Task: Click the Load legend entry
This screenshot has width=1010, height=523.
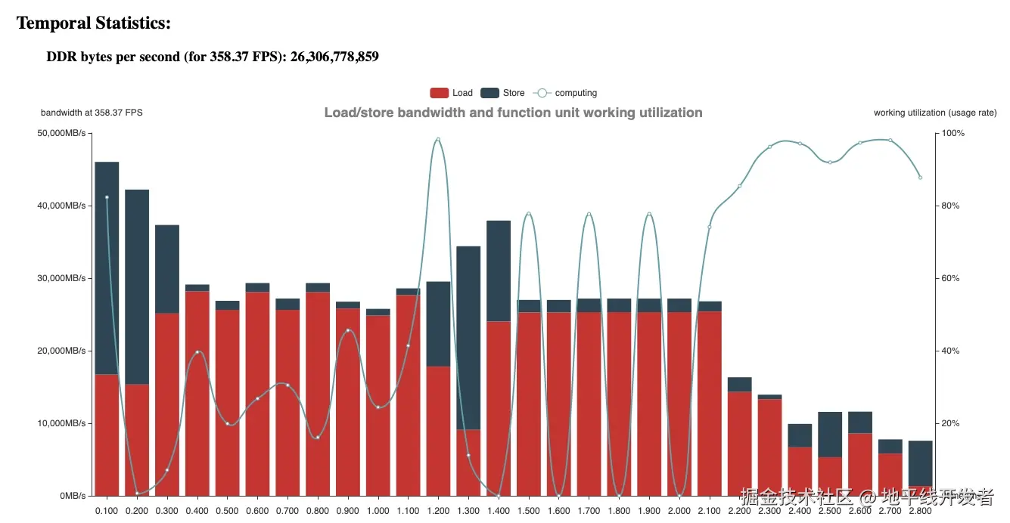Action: [x=451, y=93]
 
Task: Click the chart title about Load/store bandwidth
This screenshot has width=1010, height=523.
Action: [x=513, y=113]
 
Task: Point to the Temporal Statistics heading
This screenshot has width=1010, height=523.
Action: [x=94, y=23]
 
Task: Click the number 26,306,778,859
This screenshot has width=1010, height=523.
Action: [x=334, y=57]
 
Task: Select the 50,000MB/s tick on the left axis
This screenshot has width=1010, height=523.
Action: [x=62, y=134]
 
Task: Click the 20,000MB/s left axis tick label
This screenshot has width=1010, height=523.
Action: [x=62, y=351]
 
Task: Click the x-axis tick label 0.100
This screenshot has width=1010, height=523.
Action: [x=107, y=512]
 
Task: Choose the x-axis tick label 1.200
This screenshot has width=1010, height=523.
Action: [x=438, y=512]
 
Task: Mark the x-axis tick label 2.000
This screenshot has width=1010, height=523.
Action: [x=679, y=512]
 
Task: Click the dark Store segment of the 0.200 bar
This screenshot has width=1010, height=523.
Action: [x=137, y=287]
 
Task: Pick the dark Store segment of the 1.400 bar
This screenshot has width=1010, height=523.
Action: [x=499, y=271]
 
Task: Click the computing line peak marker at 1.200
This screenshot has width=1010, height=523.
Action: [x=438, y=139]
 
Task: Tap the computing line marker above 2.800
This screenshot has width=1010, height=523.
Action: [x=920, y=178]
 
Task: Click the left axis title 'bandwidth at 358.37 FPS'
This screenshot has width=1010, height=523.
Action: [x=92, y=113]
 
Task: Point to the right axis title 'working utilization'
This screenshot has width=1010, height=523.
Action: [x=935, y=113]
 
